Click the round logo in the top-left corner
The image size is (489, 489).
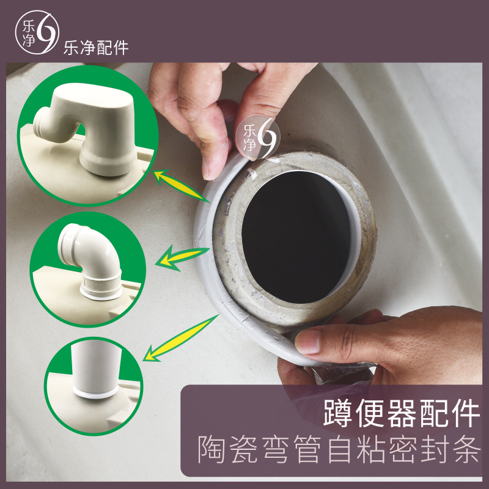[x=37, y=37]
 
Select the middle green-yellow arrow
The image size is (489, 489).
[x=182, y=256]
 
